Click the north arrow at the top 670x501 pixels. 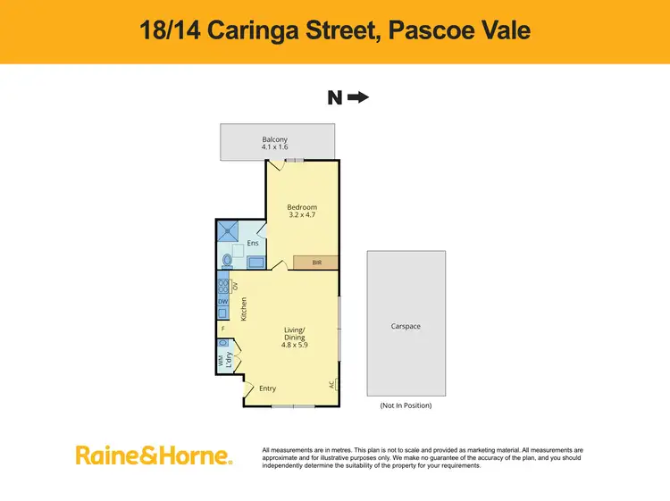358,97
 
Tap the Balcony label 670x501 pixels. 274,139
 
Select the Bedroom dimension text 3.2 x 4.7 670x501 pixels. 302,214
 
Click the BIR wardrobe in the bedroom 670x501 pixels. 315,263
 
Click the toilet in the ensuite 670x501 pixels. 228,261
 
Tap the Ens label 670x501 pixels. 253,243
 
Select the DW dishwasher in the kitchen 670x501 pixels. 223,302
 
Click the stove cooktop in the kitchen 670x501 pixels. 223,287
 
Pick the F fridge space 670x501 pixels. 223,329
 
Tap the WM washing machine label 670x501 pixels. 221,362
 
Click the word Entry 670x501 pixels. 268,388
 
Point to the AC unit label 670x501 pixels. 332,385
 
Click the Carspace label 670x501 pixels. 406,327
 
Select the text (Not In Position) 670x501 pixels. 406,405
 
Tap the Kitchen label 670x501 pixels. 243,309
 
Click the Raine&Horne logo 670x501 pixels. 154,455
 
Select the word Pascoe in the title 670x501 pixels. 419,31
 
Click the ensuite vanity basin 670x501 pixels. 255,263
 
